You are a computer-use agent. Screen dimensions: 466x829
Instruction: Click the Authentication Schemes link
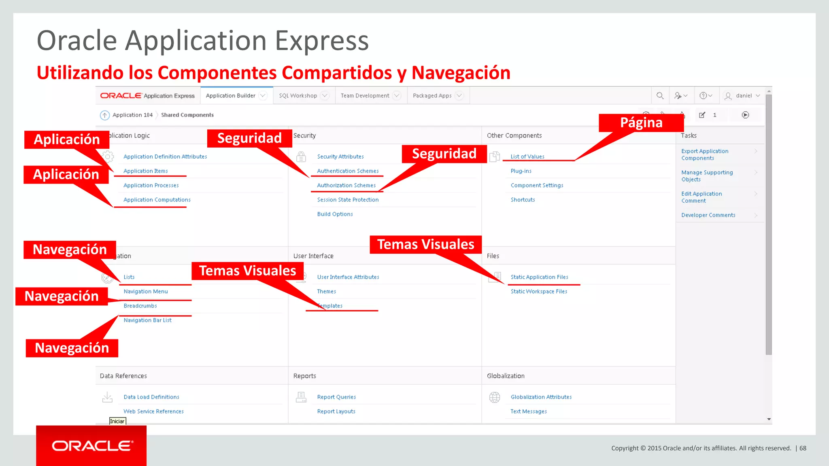point(348,171)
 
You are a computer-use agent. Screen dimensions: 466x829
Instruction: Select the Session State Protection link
point(348,200)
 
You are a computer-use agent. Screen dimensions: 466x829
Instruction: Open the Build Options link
point(335,214)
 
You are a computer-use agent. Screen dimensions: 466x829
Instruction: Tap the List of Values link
point(527,157)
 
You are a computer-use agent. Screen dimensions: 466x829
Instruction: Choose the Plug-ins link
point(521,171)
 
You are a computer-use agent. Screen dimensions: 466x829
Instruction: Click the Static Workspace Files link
point(539,291)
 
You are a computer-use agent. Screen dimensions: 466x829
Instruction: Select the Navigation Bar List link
point(147,320)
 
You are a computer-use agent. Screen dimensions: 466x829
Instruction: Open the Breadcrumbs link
point(140,306)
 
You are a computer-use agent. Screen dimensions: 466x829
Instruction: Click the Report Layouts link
point(336,411)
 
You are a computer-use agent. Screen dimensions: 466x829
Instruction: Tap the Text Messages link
point(528,411)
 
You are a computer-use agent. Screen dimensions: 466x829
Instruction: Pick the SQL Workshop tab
point(298,96)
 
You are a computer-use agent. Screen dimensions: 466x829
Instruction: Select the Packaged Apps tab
point(432,96)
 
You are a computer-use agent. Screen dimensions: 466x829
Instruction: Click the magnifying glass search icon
point(660,96)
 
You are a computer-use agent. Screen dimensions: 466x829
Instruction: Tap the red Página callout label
point(641,123)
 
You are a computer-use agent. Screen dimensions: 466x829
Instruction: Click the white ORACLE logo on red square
point(91,446)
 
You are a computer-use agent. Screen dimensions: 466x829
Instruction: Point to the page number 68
point(803,448)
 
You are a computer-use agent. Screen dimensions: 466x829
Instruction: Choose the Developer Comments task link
point(708,215)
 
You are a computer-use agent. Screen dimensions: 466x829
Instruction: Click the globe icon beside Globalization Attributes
point(495,397)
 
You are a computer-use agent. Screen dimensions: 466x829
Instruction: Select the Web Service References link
point(153,411)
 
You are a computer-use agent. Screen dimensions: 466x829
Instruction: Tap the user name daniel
point(744,96)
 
